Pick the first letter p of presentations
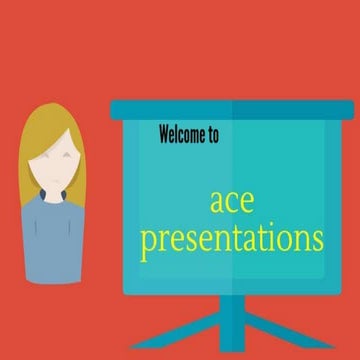point(148,243)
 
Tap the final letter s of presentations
point(317,240)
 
